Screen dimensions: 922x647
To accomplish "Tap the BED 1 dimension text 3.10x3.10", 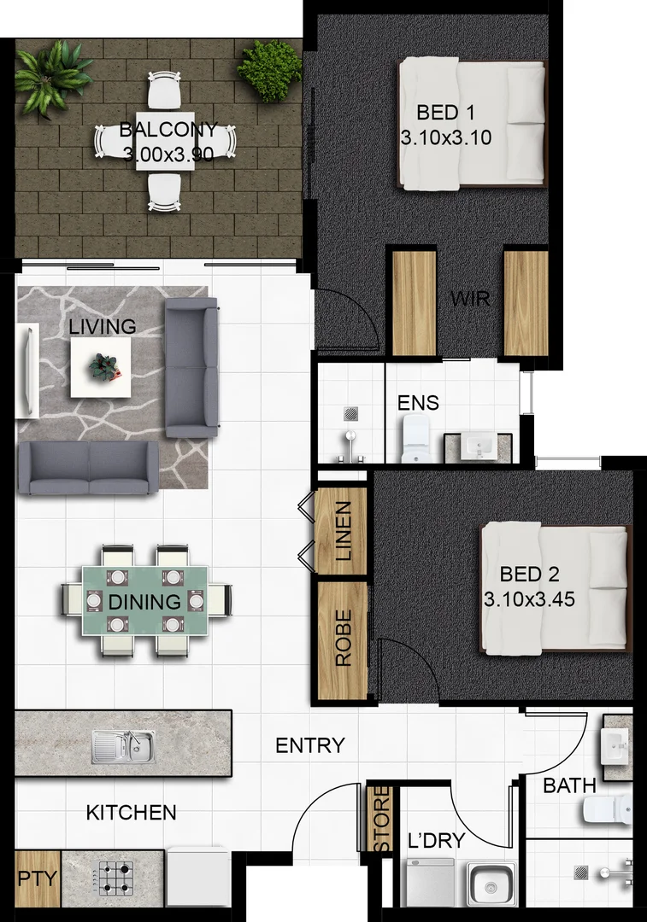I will tap(445, 137).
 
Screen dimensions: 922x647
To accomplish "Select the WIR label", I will tap(469, 301).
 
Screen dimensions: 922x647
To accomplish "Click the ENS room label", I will tap(418, 403).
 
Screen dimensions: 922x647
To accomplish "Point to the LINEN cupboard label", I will tap(343, 530).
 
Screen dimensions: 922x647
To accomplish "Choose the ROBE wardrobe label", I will tap(343, 638).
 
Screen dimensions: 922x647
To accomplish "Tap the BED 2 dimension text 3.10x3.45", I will tap(528, 598).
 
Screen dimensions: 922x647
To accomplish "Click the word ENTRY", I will tap(309, 745).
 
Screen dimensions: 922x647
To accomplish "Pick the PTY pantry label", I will tap(37, 878).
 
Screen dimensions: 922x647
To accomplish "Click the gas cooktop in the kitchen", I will tap(115, 877).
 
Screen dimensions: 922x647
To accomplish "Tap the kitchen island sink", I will tap(124, 747).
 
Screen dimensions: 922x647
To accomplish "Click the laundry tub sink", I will tap(491, 883).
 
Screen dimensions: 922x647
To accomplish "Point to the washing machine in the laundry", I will tap(429, 883).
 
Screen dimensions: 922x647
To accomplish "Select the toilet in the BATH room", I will tap(608, 808).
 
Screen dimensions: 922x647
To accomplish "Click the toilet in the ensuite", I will tap(418, 440).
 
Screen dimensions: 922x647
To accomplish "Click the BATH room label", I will tap(563, 785).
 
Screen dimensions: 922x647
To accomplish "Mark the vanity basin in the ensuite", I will tap(474, 446).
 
